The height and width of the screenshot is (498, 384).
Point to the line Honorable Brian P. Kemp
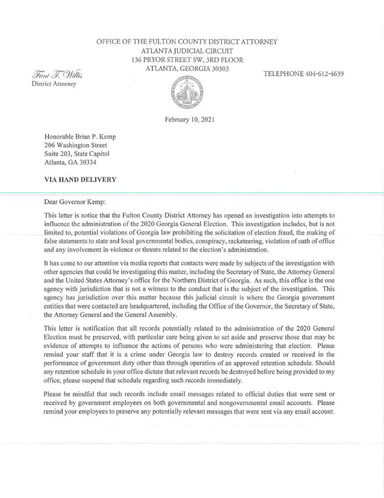click(x=79, y=137)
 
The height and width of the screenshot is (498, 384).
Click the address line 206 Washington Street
click(x=76, y=145)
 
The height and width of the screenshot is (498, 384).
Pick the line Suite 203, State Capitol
click(x=76, y=154)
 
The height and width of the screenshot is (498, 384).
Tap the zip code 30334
click(x=86, y=162)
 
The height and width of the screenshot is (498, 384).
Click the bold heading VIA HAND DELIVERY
click(x=80, y=179)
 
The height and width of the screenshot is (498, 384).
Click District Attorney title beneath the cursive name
click(x=54, y=84)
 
